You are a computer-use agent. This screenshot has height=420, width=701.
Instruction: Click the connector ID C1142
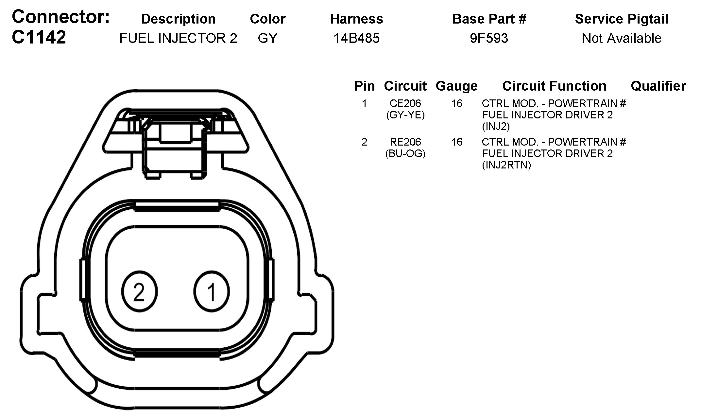click(39, 37)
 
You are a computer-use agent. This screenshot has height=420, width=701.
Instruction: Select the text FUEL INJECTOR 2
click(178, 38)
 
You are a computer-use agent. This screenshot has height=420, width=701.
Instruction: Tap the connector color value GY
click(267, 38)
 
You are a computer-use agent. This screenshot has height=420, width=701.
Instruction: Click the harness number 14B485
click(356, 38)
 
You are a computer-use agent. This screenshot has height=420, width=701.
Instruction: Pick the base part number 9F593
click(489, 38)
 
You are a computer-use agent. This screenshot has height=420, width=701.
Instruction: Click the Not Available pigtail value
click(621, 38)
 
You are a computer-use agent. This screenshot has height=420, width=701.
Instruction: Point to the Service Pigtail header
click(621, 19)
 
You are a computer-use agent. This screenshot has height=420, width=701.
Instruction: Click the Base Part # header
click(489, 19)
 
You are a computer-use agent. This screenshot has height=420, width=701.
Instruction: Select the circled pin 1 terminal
click(212, 291)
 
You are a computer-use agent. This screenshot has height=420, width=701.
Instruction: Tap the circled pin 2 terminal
click(139, 291)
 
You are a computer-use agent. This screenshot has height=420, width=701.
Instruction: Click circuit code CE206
click(405, 103)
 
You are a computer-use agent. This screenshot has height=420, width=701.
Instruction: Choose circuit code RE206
click(405, 142)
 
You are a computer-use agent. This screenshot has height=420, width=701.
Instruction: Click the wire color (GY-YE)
click(405, 115)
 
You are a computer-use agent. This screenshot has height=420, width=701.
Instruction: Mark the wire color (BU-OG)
click(405, 153)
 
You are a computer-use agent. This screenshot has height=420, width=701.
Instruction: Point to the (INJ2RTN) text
click(506, 165)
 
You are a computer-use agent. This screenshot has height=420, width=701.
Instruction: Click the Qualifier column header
click(658, 86)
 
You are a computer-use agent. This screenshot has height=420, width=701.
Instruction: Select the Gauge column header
click(456, 86)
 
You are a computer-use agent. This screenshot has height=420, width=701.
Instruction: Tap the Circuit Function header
click(554, 86)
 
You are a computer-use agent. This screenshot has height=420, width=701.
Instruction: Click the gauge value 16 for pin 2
click(457, 142)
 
